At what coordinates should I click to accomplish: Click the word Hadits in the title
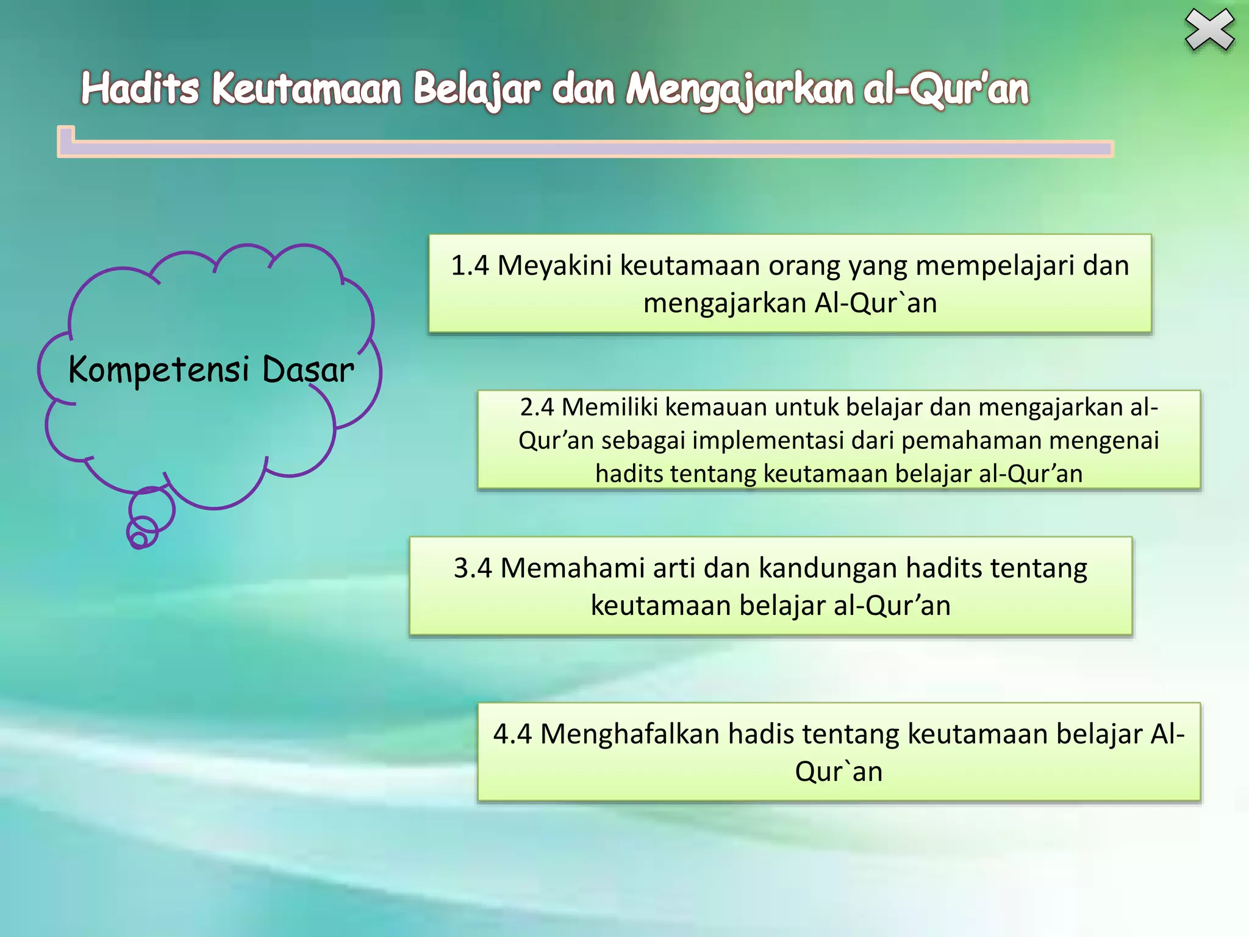click(x=140, y=88)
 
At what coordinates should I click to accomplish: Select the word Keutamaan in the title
click(x=307, y=88)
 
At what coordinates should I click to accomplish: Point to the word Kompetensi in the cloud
click(x=159, y=370)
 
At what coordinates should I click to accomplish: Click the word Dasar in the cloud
click(x=308, y=370)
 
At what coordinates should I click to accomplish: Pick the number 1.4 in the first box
click(x=470, y=266)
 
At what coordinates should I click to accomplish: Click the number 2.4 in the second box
click(x=537, y=407)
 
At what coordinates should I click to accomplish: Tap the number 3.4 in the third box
click(x=473, y=568)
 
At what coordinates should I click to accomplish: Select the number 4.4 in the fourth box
click(x=512, y=734)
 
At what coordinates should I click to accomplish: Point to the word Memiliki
click(x=610, y=407)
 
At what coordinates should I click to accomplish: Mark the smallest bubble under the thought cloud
click(x=138, y=540)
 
